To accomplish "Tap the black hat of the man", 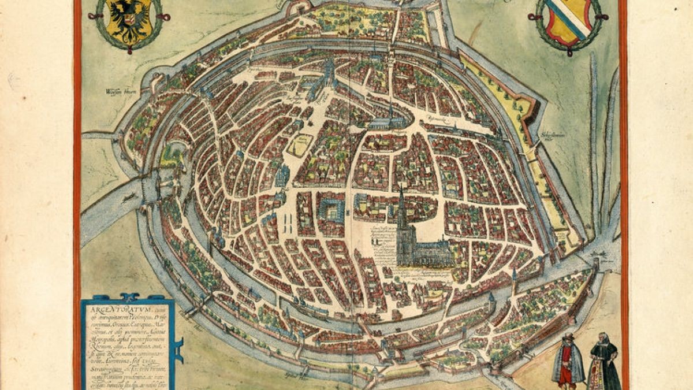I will (568, 337).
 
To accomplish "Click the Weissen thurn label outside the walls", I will (115, 90).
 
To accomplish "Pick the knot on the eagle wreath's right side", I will (167, 17).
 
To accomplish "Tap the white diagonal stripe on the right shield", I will (569, 14).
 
